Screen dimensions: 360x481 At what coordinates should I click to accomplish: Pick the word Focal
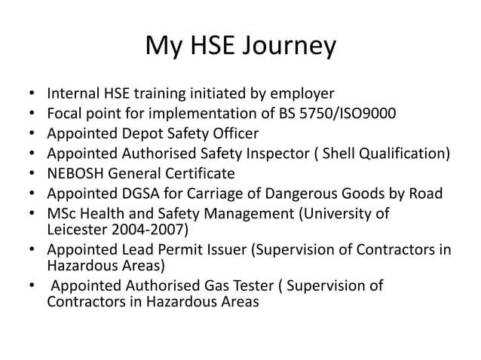point(65,114)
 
